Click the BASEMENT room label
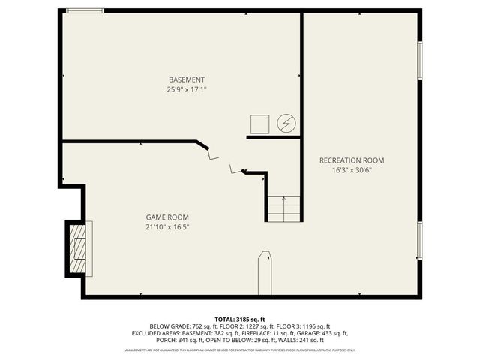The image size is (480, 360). point(186,79)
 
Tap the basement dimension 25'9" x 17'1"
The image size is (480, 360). point(186,89)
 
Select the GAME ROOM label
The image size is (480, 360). point(166,217)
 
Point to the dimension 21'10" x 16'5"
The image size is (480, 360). point(166,227)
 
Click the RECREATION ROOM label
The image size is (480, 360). point(351,160)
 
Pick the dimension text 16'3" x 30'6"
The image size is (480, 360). point(351,170)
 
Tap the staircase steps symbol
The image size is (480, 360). point(284,208)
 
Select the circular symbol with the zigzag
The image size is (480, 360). point(286,124)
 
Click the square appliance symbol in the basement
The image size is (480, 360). point(259,124)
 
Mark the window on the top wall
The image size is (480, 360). point(84,10)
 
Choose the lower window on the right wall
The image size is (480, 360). point(419,240)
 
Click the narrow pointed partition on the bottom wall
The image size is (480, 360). point(264,273)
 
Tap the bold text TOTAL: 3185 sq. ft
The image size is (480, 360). point(240,319)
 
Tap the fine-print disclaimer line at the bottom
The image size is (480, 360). point(240,350)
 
